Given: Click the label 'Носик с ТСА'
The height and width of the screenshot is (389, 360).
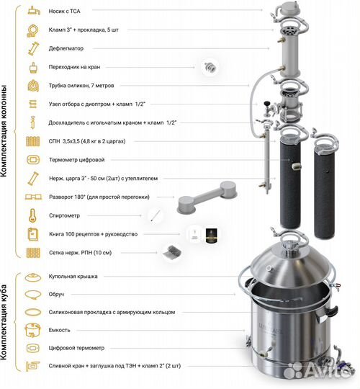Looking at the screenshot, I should pos(69,12).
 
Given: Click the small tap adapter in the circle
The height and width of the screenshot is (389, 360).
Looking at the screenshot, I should pos(210,67).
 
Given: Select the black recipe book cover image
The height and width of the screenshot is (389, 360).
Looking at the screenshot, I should pos(211,234).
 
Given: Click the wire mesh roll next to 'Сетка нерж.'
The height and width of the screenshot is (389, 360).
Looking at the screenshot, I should pos(171,251).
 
